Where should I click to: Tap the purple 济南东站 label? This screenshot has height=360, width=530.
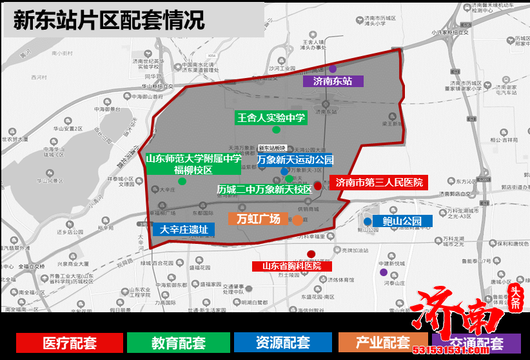333,81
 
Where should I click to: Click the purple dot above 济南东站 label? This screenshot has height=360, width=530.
333,68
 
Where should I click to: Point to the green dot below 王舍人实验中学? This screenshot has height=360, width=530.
276,130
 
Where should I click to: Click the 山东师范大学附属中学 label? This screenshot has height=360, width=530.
193,159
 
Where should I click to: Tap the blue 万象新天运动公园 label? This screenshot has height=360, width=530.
295,159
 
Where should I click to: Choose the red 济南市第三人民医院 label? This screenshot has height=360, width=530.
378,183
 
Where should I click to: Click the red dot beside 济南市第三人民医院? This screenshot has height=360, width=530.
318,186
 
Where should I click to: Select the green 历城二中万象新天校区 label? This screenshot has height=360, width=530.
264,190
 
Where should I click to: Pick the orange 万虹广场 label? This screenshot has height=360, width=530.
259,219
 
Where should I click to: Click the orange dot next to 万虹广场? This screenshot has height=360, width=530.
297,221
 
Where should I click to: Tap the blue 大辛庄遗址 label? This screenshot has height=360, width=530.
184,229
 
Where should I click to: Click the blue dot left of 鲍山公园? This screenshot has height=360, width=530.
368,222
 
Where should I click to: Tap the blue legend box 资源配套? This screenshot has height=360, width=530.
282,343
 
